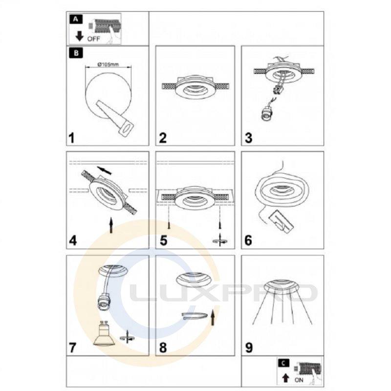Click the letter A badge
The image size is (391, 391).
coord(76,19)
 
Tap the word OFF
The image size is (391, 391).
coord(93,39)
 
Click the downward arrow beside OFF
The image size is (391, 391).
coord(80,36)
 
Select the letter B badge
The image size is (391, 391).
coord(76,53)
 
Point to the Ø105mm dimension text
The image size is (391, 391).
coord(108,65)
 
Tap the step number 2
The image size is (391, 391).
coord(163,138)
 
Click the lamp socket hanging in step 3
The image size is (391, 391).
coord(266,113)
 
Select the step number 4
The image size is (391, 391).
coord(72,240)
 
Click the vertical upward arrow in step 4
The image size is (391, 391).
coord(111,225)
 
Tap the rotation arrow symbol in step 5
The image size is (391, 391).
coord(220,240)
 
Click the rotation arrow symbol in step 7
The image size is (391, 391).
coord(128,337)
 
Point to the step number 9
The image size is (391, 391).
coord(249,347)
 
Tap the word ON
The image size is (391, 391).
coord(299,380)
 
